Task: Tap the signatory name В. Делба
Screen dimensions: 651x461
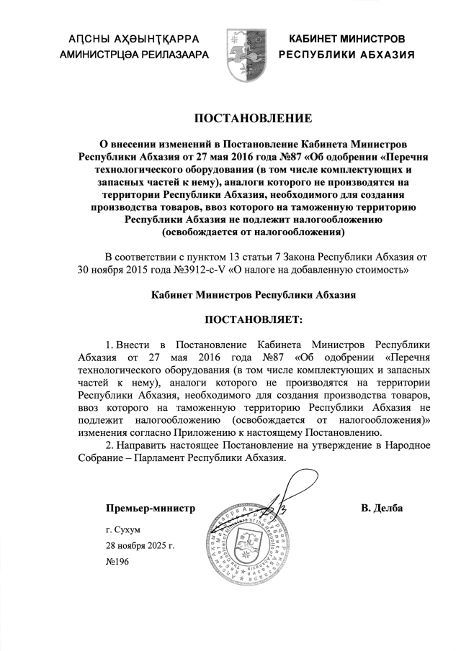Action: click(382, 509)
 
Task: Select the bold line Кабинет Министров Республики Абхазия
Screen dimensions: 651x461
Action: click(254, 295)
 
